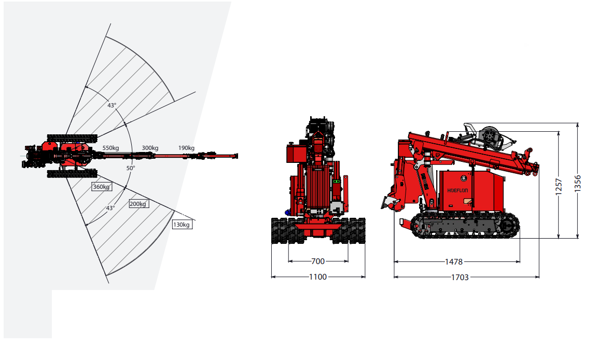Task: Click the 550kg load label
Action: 110,148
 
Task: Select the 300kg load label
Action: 150,148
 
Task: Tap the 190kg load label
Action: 186,148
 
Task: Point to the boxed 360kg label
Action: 102,187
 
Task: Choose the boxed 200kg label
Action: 138,204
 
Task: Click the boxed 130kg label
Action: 182,225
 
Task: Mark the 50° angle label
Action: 131,168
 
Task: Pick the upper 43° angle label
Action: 112,105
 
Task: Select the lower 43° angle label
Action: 110,208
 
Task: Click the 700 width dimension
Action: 318,261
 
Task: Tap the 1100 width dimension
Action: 318,277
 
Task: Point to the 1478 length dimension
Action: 454,262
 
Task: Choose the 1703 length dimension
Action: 460,278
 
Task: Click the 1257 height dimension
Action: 559,187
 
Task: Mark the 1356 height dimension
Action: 578,184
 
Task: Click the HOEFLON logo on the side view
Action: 457,190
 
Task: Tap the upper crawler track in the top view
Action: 72,139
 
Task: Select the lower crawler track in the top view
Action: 72,174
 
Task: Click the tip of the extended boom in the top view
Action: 237,156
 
